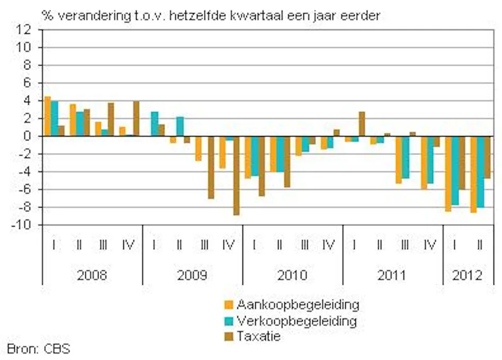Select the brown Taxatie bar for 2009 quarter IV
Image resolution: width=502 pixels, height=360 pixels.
coord(236,176)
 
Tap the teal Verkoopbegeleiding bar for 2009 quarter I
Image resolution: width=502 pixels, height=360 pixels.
coord(155,124)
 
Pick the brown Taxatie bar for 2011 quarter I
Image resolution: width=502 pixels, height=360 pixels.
coord(362,124)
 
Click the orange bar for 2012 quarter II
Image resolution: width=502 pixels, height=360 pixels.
coord(473,174)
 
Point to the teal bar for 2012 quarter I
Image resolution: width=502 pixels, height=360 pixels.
coord(454,170)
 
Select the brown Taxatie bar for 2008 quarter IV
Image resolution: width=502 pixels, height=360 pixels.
coord(136,119)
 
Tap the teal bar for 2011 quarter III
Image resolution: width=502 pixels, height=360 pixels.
coord(405,157)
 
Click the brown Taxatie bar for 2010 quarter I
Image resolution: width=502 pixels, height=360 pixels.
coord(262,166)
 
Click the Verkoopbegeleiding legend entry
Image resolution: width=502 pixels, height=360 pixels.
coord(297,321)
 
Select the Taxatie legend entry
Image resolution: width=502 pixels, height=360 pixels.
coord(259,336)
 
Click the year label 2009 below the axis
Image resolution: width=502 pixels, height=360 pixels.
coord(192,275)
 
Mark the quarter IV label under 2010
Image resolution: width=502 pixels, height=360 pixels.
coord(329,245)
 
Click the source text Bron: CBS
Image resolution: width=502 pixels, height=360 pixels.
coord(38,349)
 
